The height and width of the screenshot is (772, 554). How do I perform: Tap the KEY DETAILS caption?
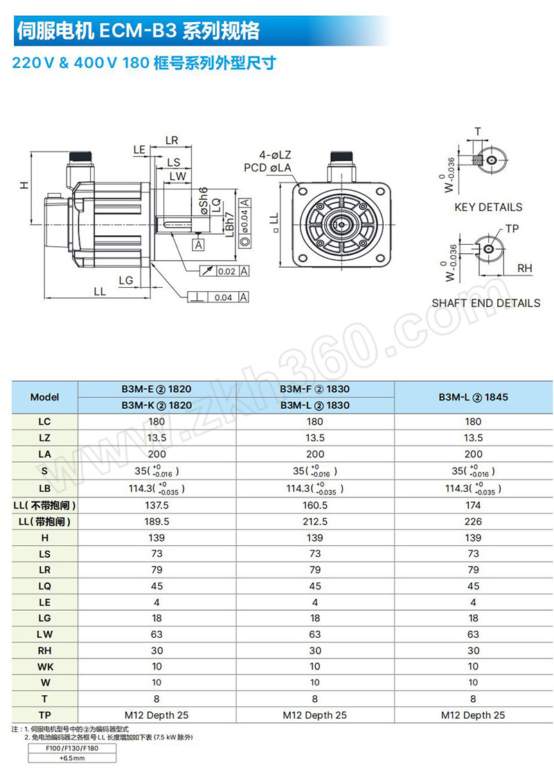488,207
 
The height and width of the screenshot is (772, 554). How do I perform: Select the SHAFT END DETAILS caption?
485,303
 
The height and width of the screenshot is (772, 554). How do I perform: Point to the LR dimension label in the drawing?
172,140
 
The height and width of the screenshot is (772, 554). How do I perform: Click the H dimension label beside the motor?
23,185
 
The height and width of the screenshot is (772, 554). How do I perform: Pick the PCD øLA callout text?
267,167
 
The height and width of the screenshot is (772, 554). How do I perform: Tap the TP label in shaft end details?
512,228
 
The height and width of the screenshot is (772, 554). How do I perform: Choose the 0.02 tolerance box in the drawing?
226,271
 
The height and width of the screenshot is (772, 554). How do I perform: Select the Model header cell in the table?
44,397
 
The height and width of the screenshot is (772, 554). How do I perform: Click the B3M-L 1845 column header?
473,397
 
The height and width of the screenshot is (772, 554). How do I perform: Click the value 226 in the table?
473,522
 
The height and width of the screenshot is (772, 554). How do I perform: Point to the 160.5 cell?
314,505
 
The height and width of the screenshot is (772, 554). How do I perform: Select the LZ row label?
44,438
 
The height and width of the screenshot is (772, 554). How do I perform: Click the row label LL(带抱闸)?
44,522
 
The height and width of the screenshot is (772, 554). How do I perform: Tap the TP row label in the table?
44,715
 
